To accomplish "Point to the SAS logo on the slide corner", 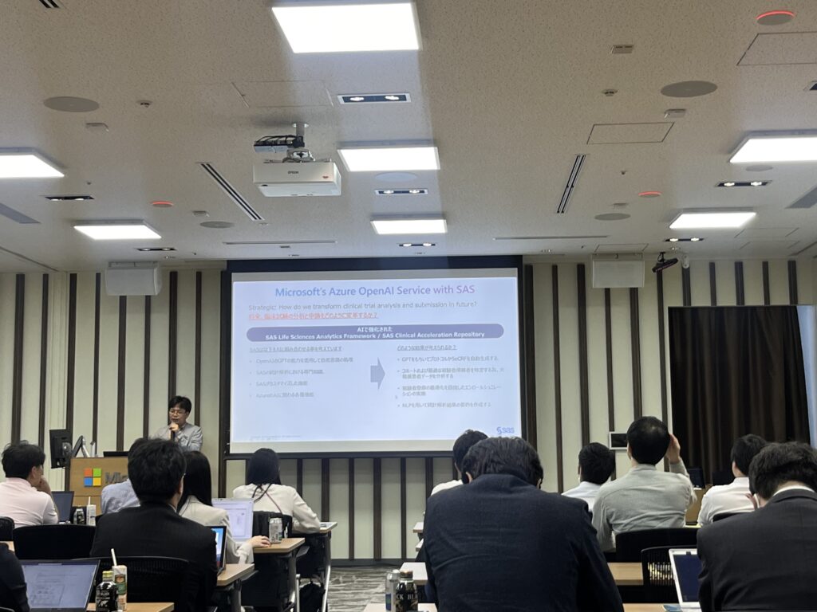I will click(x=505, y=431).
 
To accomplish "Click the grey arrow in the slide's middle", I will click(x=377, y=374).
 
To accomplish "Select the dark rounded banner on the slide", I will click(x=375, y=331).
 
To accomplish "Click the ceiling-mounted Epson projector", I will click(x=297, y=171).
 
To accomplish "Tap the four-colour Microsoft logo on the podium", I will click(x=93, y=477).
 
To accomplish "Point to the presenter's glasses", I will click(x=178, y=413).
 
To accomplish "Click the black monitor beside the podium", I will click(x=60, y=447).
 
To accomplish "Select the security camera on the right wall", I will click(x=664, y=262).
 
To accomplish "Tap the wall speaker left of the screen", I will click(x=133, y=280).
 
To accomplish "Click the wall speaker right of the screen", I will click(x=618, y=273).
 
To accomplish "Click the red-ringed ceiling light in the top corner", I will click(x=775, y=17).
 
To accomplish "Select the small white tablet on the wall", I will click(x=618, y=440).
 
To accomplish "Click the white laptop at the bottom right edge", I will click(x=685, y=578).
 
